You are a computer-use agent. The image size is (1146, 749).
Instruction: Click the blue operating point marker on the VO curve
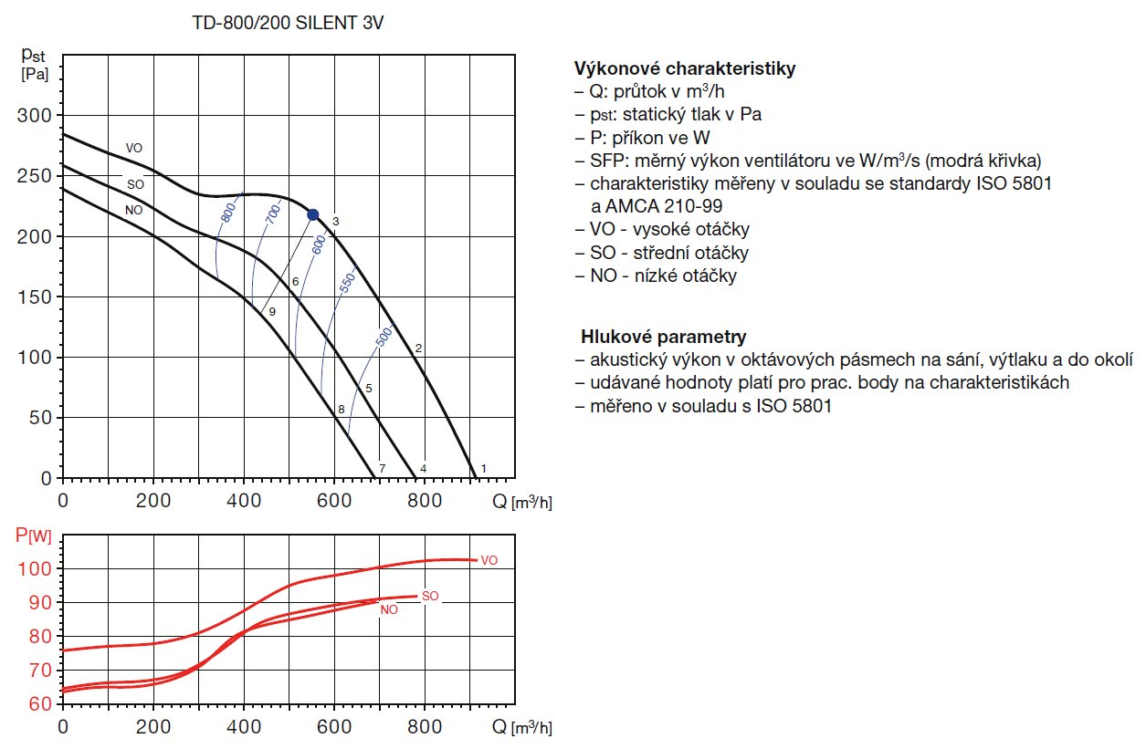pos(313,214)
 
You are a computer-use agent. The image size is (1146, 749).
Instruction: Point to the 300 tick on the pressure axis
pos(36,115)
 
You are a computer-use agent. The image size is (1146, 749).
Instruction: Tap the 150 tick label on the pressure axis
pos(36,296)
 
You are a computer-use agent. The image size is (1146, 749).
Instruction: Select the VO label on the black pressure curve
pos(134,148)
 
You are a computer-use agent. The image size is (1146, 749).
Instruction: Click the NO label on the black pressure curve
pos(134,209)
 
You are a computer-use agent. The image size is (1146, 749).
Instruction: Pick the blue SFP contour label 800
pos(228,212)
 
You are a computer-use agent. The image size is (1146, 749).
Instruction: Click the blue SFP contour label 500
pos(384,338)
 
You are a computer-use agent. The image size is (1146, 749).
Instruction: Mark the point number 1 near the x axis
pos(483,468)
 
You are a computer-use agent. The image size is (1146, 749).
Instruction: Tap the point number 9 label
pos(272,311)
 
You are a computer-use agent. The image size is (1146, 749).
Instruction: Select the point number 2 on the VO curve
pos(418,348)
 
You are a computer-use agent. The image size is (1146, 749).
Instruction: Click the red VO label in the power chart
pos(489,559)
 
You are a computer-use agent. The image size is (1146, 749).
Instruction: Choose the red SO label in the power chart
pos(431,596)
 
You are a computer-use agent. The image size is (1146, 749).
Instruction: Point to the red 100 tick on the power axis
pos(36,568)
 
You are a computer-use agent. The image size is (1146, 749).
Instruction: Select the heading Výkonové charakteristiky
pos(685,68)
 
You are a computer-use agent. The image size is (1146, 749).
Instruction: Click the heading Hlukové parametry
pos(663,337)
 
